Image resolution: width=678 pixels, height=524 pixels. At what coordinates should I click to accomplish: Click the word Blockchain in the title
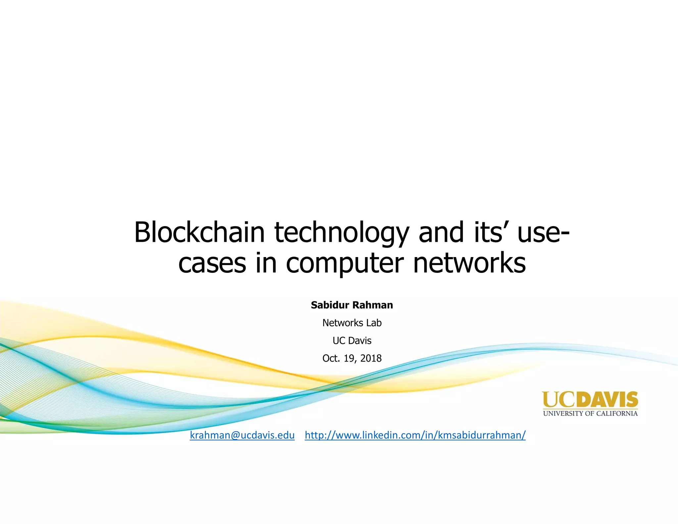point(199,232)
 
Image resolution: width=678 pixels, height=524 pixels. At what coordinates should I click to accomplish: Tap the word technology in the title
point(342,233)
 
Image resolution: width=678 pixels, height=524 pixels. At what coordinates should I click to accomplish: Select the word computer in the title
point(345,264)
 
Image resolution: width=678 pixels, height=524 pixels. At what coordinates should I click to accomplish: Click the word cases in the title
point(212,264)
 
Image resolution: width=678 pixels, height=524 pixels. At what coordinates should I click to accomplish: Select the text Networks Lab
point(352,323)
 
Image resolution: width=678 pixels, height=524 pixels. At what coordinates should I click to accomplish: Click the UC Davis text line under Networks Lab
point(352,341)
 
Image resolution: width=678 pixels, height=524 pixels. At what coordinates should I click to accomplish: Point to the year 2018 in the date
point(371,358)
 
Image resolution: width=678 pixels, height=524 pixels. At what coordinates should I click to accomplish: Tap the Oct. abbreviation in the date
point(331,358)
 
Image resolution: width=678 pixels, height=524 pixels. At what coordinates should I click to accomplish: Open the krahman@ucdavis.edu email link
point(242,435)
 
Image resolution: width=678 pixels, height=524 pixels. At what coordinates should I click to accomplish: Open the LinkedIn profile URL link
point(415,435)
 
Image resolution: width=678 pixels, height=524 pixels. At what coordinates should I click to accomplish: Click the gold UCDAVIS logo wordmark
point(590,399)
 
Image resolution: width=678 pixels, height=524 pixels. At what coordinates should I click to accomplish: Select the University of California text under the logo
point(590,413)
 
